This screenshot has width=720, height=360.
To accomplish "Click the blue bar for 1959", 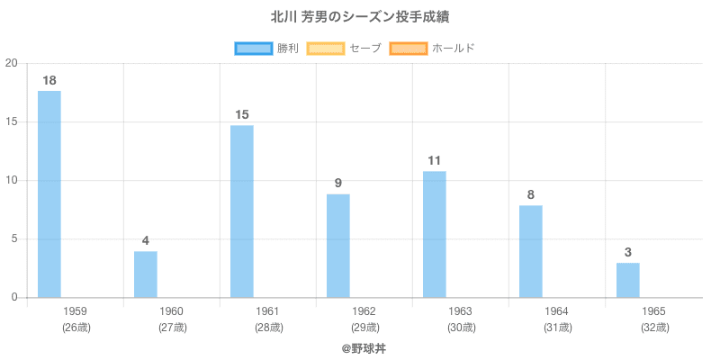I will [49, 194].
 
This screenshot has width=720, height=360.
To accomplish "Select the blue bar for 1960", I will [146, 274].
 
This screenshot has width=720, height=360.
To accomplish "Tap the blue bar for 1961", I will [242, 211].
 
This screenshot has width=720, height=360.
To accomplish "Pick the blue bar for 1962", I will [338, 246].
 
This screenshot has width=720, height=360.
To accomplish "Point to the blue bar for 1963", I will [435, 234].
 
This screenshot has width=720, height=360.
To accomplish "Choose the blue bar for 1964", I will [531, 252].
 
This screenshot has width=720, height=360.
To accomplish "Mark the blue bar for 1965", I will [627, 280].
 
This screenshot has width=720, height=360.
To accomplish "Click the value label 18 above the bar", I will [49, 81].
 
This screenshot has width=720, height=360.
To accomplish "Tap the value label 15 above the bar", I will [242, 114].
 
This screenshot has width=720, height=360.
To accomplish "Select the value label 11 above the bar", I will [435, 161].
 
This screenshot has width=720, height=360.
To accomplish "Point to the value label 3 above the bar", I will [627, 252].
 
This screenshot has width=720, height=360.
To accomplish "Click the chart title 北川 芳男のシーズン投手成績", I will [360, 17].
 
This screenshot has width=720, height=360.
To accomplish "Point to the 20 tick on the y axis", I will [12, 63].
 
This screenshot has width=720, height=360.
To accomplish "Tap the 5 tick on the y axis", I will [14, 239].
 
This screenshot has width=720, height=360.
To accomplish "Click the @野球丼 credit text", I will [360, 347].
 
